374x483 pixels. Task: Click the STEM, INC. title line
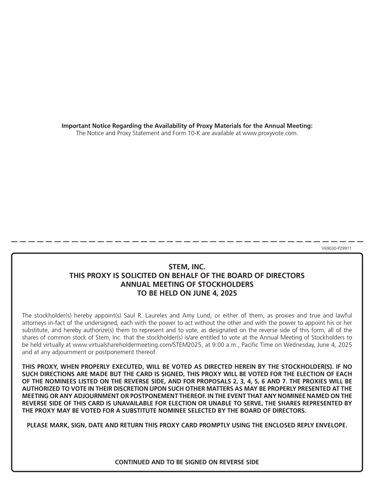click(x=186, y=267)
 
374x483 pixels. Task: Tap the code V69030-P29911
click(x=336, y=248)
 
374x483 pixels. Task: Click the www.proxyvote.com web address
click(x=270, y=133)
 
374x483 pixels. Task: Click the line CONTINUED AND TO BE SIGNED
click(x=186, y=462)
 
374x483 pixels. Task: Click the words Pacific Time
click(x=258, y=345)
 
